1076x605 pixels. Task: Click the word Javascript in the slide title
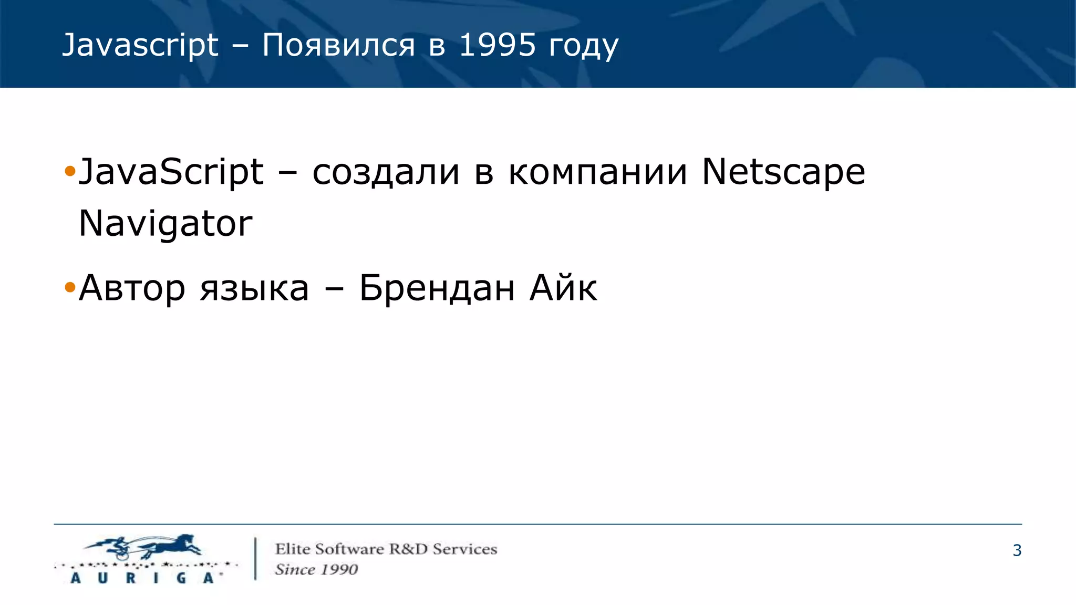pos(140,45)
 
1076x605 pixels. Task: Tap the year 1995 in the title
pos(497,45)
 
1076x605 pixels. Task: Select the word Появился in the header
pos(338,45)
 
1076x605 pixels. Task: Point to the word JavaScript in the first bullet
pos(171,172)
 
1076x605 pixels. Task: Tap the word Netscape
pos(783,172)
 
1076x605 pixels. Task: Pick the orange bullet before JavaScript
pos(70,171)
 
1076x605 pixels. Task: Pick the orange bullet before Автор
pos(70,288)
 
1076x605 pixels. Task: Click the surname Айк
pos(563,288)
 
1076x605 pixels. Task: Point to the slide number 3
pos(1017,550)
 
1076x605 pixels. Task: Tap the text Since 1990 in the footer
pos(316,570)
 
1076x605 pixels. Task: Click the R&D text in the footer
pos(408,549)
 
